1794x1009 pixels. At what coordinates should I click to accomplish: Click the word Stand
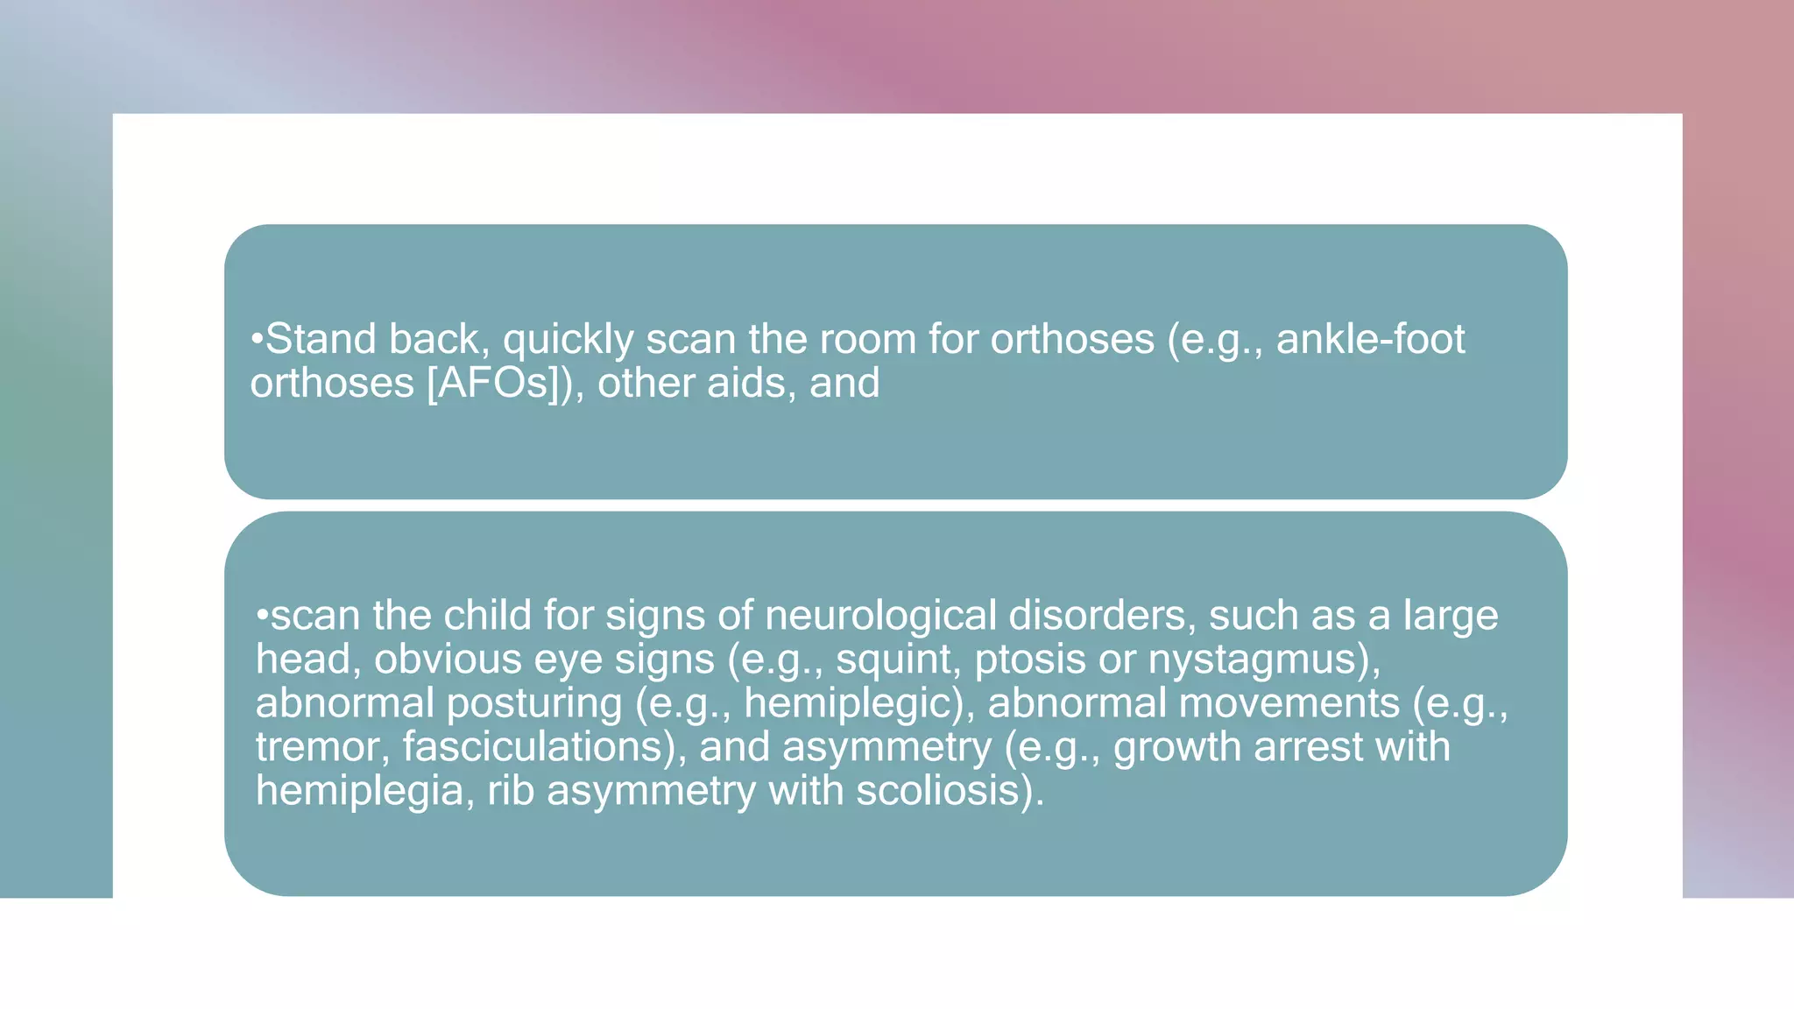pos(321,339)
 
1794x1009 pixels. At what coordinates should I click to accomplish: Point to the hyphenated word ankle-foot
pos(1370,339)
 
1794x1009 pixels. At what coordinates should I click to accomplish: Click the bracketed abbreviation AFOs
pos(492,383)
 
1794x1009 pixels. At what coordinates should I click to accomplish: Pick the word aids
pos(750,383)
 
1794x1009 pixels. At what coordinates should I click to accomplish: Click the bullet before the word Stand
pos(257,339)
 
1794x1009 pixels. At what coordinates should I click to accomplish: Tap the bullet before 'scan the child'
pos(262,615)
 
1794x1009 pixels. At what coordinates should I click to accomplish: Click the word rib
pos(511,791)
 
